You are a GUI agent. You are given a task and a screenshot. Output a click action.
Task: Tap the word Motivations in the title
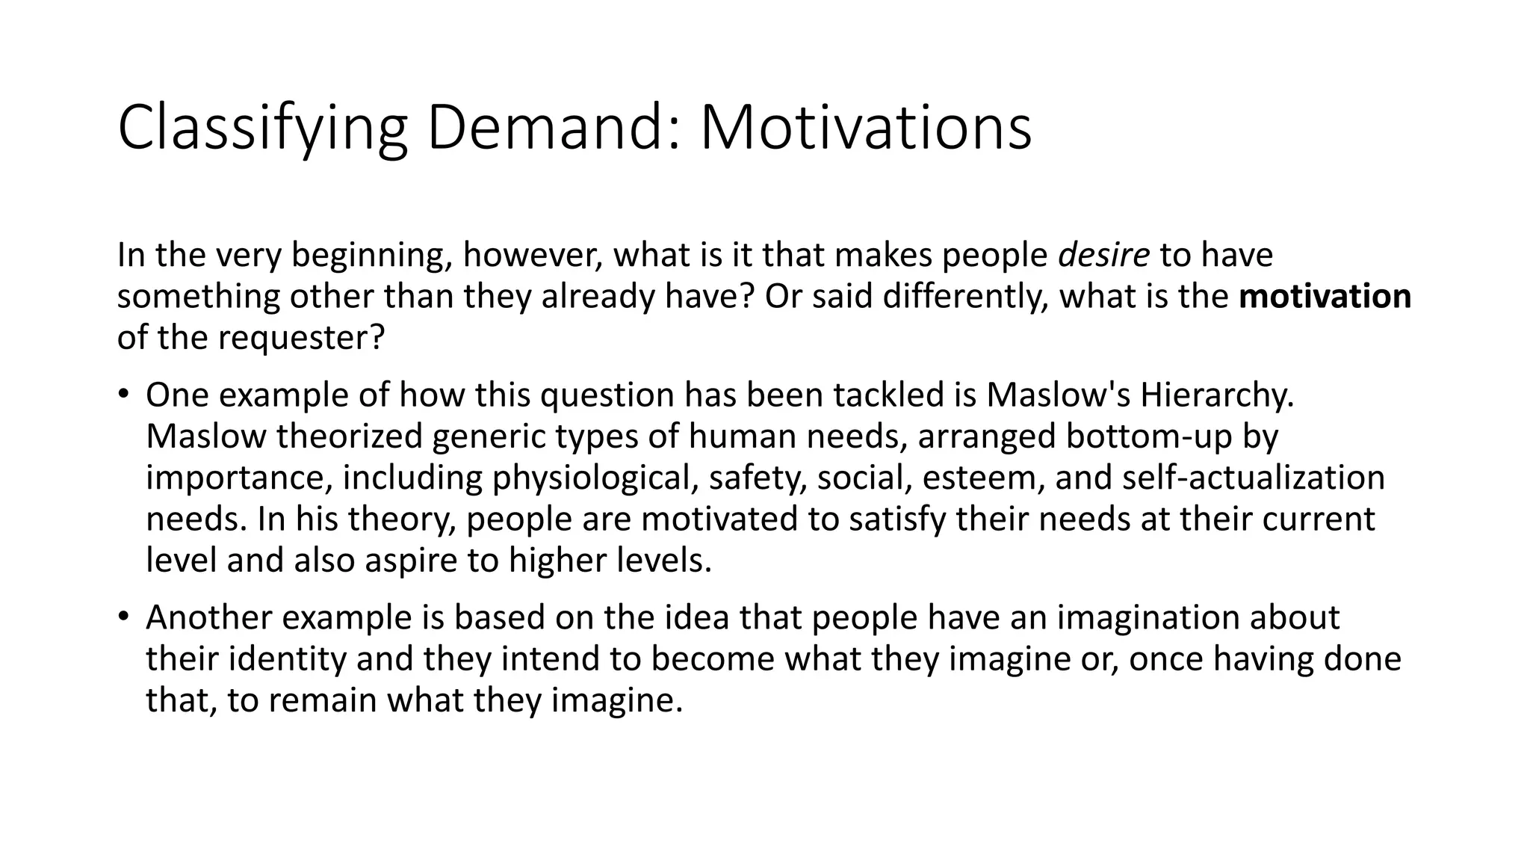pyautogui.click(x=865, y=129)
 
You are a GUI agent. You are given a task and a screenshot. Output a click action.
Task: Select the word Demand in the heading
pyautogui.click(x=554, y=129)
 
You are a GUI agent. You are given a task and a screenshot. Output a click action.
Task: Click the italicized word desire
pyautogui.click(x=1103, y=256)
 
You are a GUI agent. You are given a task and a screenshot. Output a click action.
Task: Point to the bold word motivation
pyautogui.click(x=1325, y=297)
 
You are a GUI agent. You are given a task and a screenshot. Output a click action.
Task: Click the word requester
pyautogui.click(x=301, y=338)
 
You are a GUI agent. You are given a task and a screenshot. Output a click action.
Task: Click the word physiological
pyautogui.click(x=595, y=478)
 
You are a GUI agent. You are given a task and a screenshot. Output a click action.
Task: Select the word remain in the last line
pyautogui.click(x=322, y=700)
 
